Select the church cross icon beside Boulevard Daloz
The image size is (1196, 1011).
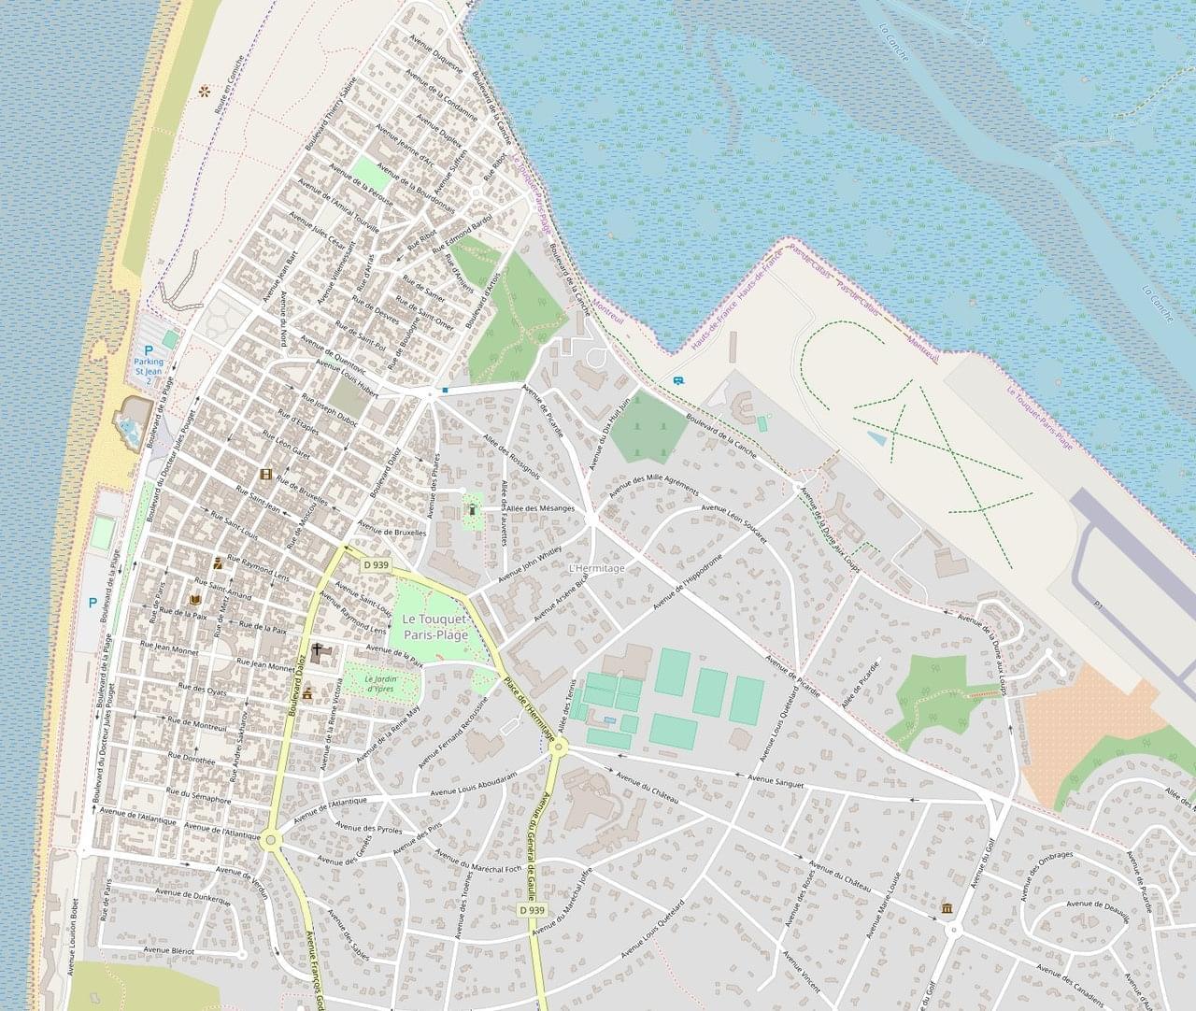tap(318, 650)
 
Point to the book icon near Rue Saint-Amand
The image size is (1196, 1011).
tap(195, 599)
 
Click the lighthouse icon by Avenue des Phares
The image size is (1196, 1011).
tap(473, 509)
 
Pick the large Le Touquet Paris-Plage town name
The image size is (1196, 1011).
tap(434, 627)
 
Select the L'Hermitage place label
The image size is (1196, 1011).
tap(595, 568)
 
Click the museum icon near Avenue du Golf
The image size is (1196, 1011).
tap(947, 909)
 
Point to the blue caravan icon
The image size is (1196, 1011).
tap(678, 380)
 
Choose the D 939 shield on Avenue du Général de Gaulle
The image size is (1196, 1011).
tap(531, 909)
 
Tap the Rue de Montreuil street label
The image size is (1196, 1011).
tap(196, 724)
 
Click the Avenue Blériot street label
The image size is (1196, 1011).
tap(168, 949)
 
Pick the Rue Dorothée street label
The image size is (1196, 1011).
tap(191, 761)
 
